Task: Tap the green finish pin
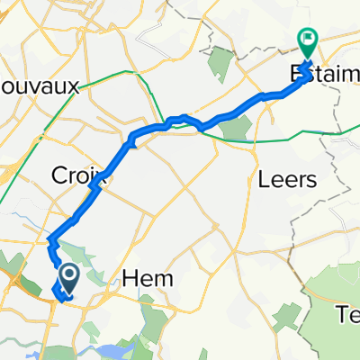tap(307, 41)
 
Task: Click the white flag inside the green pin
tap(307, 39)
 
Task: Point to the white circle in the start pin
tap(67, 273)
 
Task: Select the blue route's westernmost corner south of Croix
tap(50, 241)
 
